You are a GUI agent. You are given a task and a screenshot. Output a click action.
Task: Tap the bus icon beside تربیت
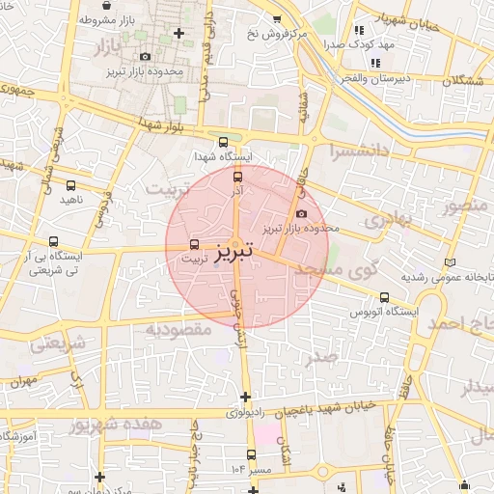[x=196, y=245]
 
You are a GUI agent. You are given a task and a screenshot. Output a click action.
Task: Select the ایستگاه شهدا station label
[x=223, y=156]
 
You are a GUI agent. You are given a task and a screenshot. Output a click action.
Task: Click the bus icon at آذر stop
[x=238, y=177]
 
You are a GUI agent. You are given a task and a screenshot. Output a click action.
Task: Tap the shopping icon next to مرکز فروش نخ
[x=278, y=19]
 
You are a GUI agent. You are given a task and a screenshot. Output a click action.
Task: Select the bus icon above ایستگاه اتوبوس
[x=385, y=297]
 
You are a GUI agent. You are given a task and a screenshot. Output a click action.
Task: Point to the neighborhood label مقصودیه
[x=178, y=330]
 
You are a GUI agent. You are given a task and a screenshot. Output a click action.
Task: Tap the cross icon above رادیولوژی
[x=246, y=397]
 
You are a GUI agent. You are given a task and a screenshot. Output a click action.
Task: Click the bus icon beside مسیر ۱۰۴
[x=252, y=454]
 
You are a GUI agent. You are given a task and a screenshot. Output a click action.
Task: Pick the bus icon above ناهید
[x=70, y=185]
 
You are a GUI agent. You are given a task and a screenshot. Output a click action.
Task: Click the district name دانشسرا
[x=361, y=151]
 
